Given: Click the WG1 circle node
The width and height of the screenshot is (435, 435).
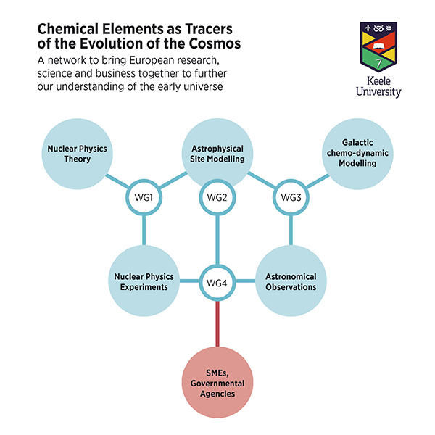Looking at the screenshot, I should point(142,197).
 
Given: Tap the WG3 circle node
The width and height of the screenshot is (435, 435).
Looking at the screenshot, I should point(291,197).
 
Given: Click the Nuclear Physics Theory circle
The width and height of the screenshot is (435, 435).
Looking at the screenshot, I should point(77,154).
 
